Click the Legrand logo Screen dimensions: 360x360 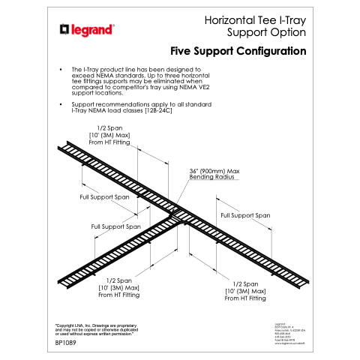87,30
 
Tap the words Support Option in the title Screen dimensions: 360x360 266,33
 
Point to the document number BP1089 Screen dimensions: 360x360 66,343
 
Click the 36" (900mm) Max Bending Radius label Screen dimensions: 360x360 213,174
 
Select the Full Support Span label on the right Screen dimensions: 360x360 245,215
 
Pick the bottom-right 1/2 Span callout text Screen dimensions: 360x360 245,291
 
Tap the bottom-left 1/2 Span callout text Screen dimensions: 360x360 118,287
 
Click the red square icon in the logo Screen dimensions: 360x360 64,30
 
